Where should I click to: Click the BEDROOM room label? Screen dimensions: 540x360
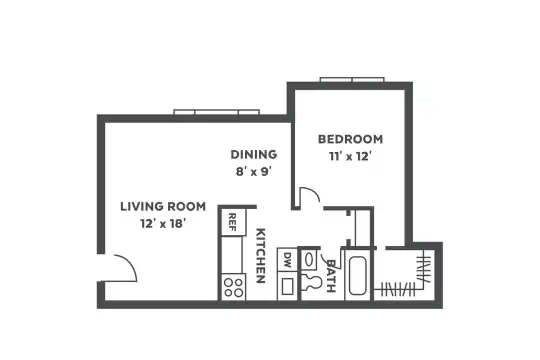click(x=350, y=139)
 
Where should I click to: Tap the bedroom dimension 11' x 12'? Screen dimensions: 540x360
click(x=350, y=157)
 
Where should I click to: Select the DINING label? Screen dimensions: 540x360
click(x=254, y=154)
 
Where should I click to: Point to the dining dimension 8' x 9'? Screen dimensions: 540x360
click(x=254, y=171)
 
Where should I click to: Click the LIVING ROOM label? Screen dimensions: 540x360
click(x=163, y=207)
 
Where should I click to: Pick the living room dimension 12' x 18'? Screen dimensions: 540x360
click(x=163, y=224)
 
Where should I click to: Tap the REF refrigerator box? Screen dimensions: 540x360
click(x=233, y=222)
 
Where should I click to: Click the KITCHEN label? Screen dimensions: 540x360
click(x=261, y=255)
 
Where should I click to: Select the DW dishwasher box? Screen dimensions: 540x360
click(x=287, y=259)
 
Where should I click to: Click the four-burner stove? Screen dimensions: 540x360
click(x=233, y=287)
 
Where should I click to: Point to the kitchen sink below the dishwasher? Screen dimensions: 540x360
click(x=287, y=286)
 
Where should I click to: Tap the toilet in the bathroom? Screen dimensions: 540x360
click(x=312, y=282)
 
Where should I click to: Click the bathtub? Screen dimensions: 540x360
click(x=357, y=275)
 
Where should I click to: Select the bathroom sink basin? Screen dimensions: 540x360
click(x=309, y=259)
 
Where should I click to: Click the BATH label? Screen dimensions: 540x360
click(x=331, y=276)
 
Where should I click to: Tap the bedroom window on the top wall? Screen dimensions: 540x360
click(x=352, y=80)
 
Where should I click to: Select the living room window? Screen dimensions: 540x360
click(x=217, y=112)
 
